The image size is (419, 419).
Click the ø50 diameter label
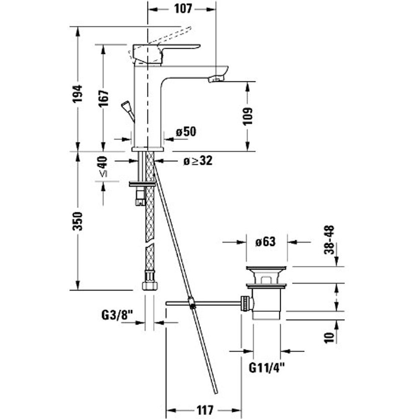[x=186, y=132]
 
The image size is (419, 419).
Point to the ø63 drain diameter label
[x=265, y=242]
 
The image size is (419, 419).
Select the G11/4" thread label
[x=267, y=368]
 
